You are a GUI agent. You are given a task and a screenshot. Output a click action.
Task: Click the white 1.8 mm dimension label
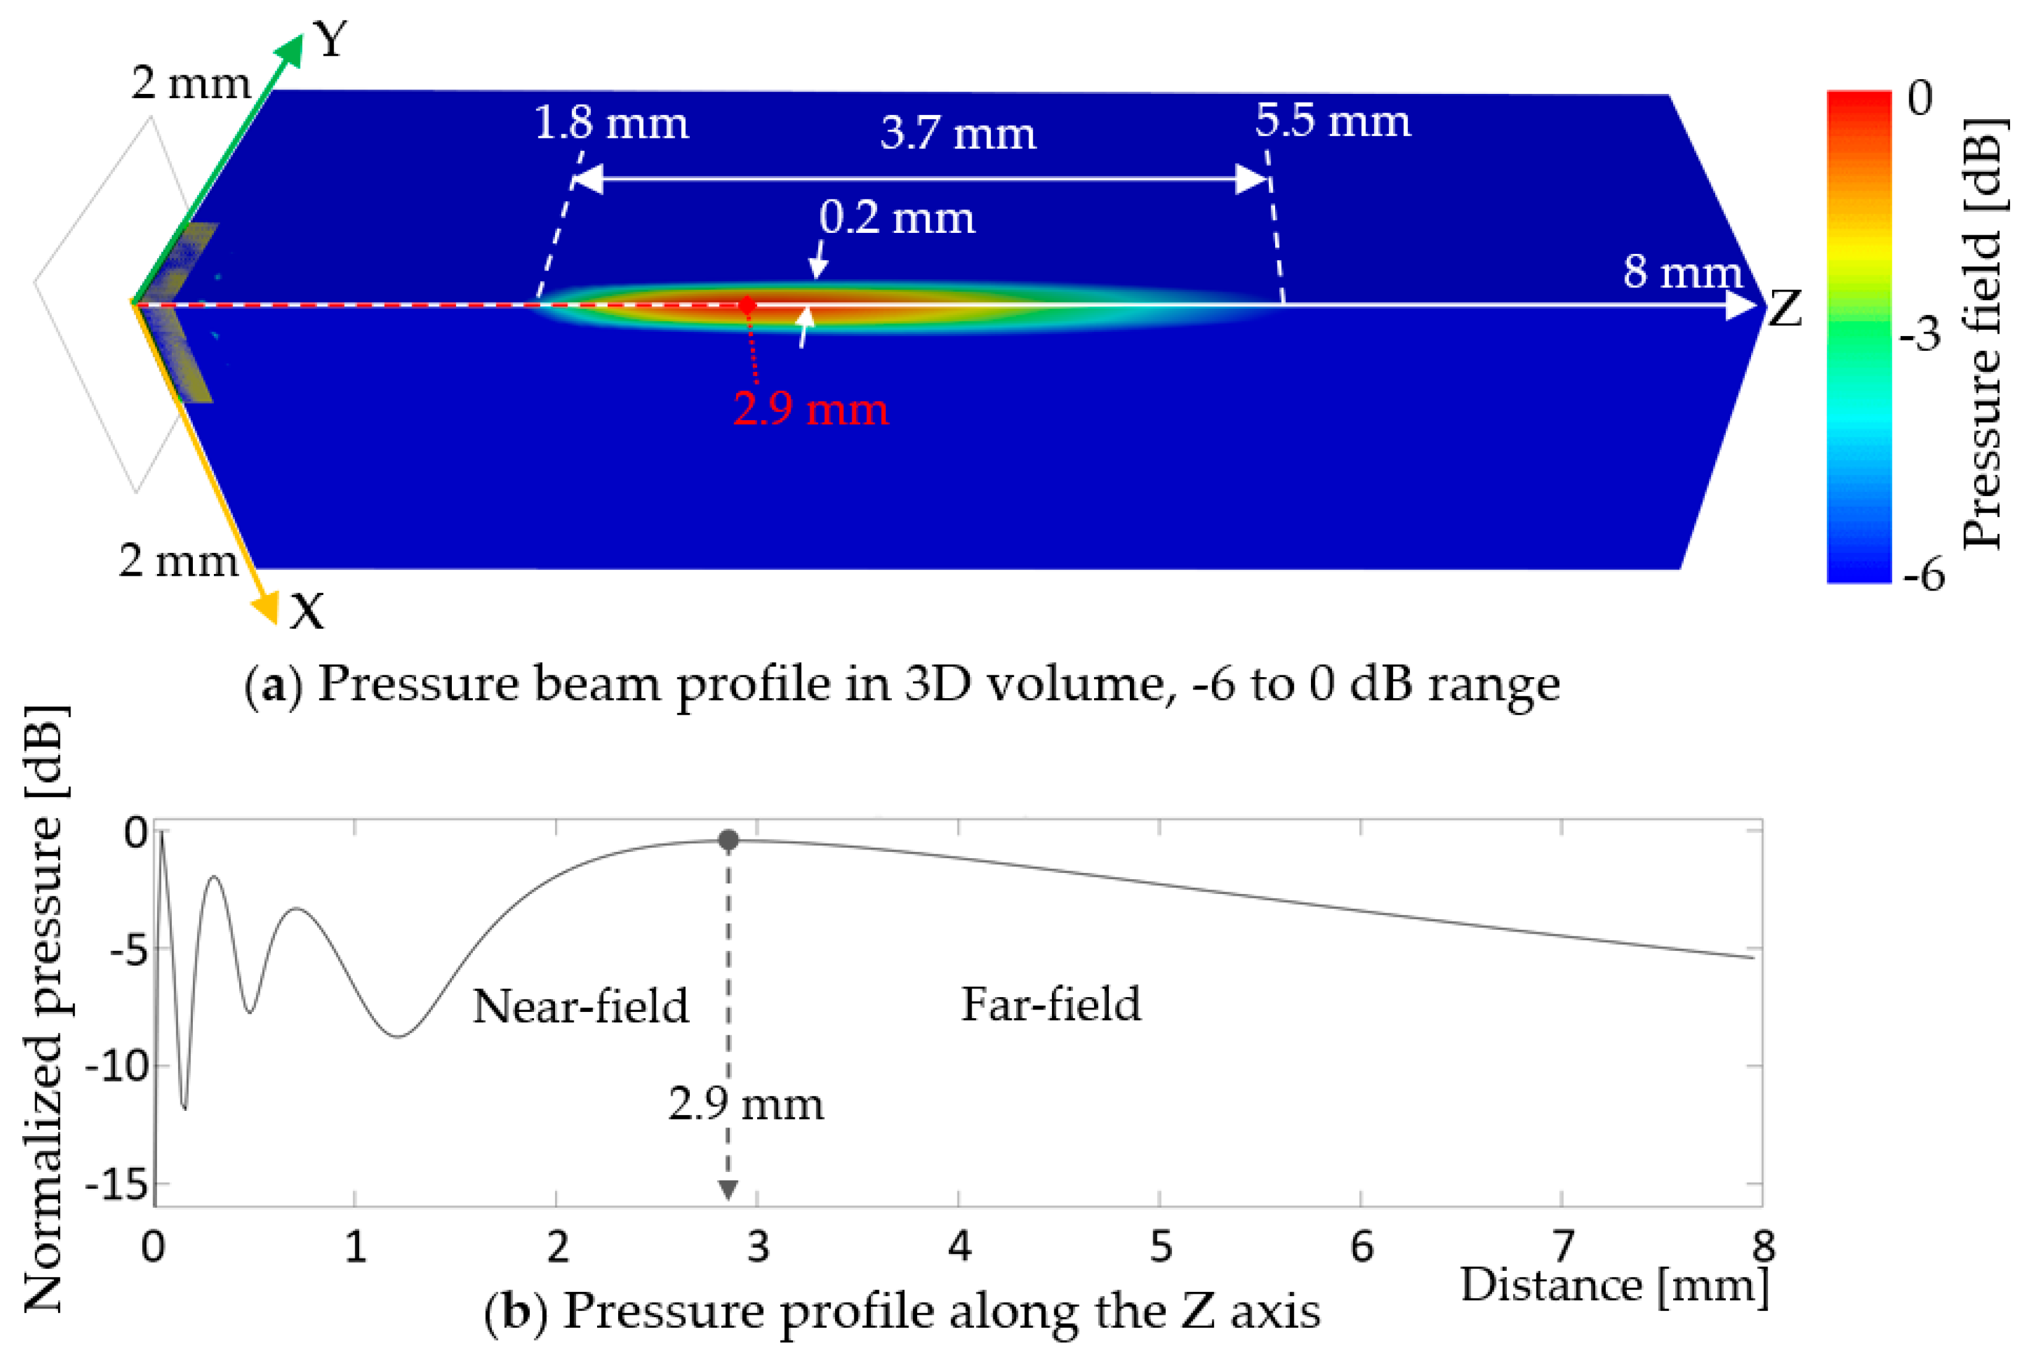611,124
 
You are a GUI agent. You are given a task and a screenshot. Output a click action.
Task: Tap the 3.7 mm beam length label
958,133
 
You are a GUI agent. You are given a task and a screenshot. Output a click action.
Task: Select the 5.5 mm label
1333,121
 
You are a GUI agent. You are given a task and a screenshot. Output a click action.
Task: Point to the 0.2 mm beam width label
897,217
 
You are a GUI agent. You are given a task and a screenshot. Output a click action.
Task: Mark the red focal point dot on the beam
747,305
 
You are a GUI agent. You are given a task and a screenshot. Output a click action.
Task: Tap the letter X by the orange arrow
307,613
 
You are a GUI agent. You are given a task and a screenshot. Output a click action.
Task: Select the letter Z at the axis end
1785,308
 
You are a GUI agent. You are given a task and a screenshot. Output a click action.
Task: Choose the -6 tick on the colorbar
1923,573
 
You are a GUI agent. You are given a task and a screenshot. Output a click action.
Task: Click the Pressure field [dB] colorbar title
1982,332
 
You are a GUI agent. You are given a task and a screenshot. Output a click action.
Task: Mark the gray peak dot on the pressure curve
729,840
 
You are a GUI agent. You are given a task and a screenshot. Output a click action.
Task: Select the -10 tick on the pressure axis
117,1068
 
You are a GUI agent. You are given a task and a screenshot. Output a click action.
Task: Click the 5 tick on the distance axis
1160,1247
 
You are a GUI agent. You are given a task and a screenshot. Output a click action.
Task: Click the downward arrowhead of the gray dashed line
729,1190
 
